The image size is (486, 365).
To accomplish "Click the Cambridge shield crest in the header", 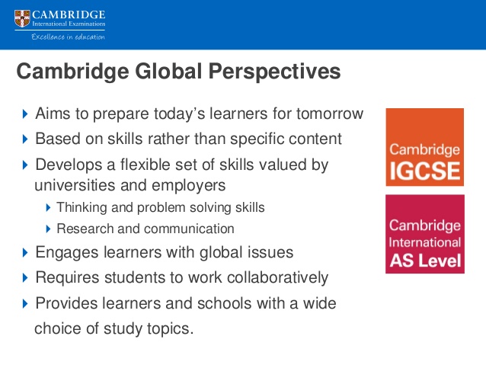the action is (22, 18).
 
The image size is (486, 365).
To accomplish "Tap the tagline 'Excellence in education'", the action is (69, 37).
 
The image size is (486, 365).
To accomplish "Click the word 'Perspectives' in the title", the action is (275, 72).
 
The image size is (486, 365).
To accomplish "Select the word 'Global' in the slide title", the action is (168, 71).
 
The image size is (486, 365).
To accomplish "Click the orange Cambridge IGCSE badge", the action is (424, 147).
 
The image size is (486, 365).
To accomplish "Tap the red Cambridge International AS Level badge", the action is (425, 234).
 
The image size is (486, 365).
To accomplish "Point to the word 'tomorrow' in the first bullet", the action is (330, 114).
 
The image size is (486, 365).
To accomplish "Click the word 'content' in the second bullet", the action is (315, 139).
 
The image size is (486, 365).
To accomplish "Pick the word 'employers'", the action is (188, 186).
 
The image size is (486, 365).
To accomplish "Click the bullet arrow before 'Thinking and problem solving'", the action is (48, 207).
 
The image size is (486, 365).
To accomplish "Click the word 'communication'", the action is (189, 229).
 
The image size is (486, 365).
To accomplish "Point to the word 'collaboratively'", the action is (277, 277).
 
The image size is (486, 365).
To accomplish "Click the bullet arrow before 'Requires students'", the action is (25, 277).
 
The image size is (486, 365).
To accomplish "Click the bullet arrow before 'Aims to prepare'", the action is (25, 114).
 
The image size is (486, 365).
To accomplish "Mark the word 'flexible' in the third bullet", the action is (145, 165).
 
